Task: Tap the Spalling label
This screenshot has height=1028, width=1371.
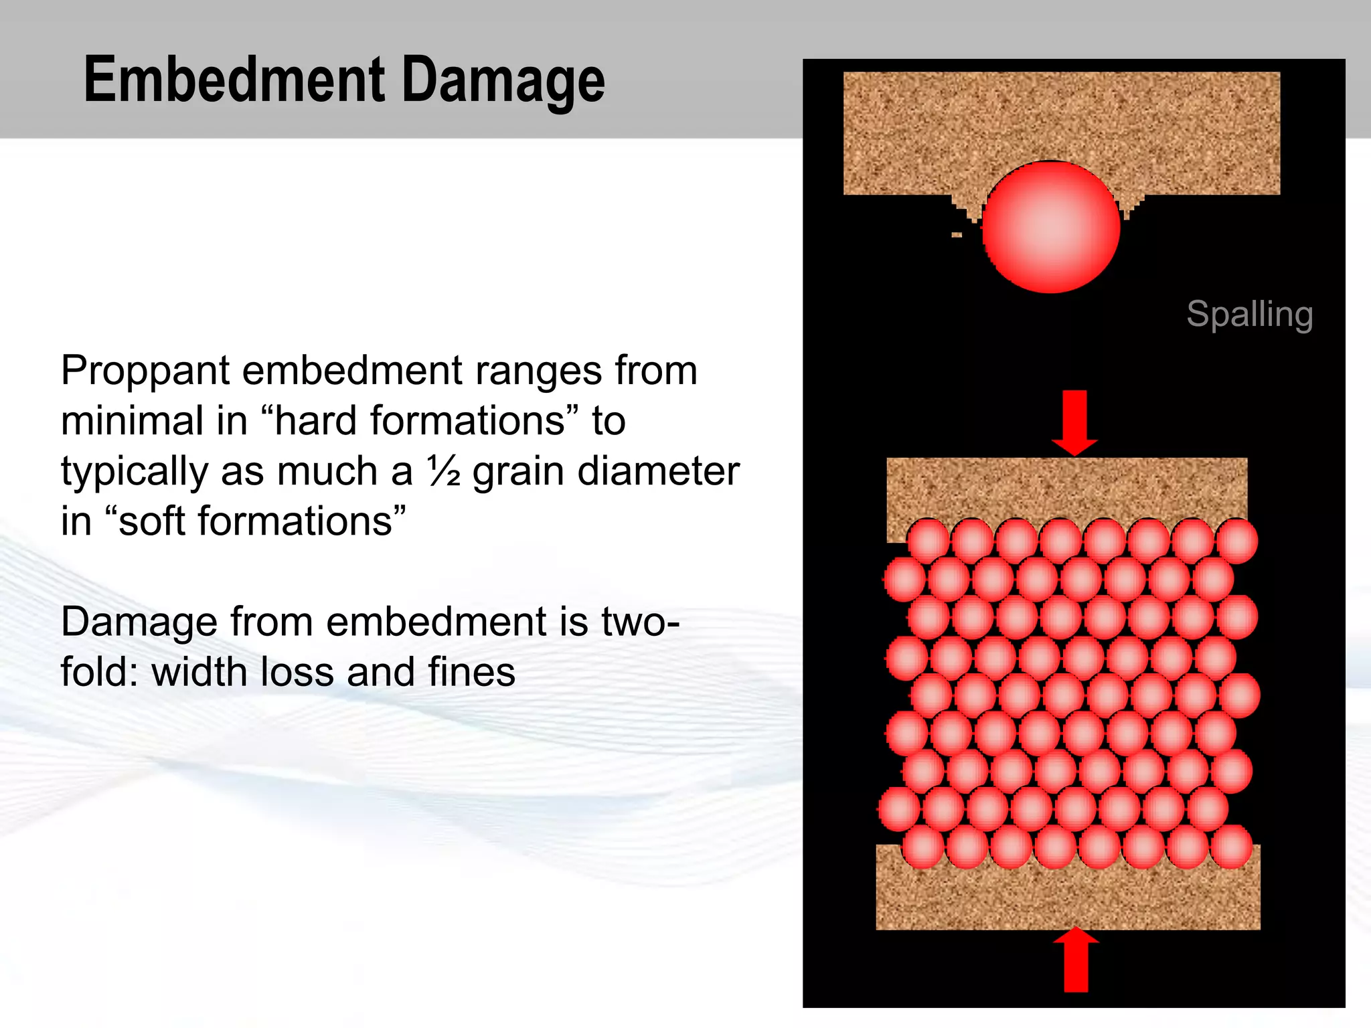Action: coord(1249,314)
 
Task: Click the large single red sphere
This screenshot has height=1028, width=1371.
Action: coord(1050,228)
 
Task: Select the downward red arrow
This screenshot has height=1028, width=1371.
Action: coord(1074,422)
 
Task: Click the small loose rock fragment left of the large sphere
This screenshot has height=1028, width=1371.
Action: coord(957,235)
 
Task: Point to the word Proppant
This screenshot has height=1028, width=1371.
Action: coord(145,372)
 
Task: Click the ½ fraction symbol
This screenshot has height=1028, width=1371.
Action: coord(444,471)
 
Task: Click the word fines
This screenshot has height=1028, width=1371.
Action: coord(472,673)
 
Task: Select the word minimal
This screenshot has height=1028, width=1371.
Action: coord(133,422)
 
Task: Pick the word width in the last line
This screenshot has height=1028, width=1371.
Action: coord(200,673)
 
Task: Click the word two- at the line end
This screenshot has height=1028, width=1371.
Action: coord(639,622)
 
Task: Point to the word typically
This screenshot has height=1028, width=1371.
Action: coord(135,473)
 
